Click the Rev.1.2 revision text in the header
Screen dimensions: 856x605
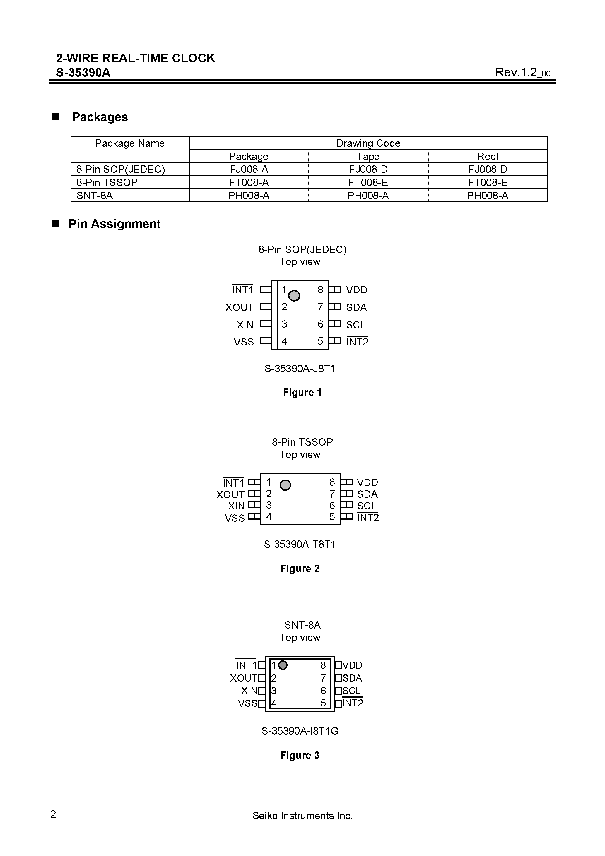522,72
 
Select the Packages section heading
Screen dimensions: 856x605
100,117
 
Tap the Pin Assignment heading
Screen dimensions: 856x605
114,224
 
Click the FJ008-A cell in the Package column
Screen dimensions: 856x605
249,169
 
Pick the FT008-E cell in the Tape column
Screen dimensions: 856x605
368,182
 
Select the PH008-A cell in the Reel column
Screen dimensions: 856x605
488,195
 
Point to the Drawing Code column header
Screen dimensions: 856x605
368,143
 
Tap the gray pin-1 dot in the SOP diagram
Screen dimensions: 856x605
294,296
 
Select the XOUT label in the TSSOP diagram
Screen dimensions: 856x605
230,495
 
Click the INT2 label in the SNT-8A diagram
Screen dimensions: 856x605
353,703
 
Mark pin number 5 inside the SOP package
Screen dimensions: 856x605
320,341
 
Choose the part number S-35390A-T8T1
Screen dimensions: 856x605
300,544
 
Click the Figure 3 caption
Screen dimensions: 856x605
300,755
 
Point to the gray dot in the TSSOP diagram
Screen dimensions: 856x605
285,485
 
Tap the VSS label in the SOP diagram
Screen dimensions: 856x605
244,342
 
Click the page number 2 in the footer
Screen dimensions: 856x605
53,814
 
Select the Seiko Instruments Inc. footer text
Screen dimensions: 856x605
302,816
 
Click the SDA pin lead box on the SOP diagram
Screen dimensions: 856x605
335,307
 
